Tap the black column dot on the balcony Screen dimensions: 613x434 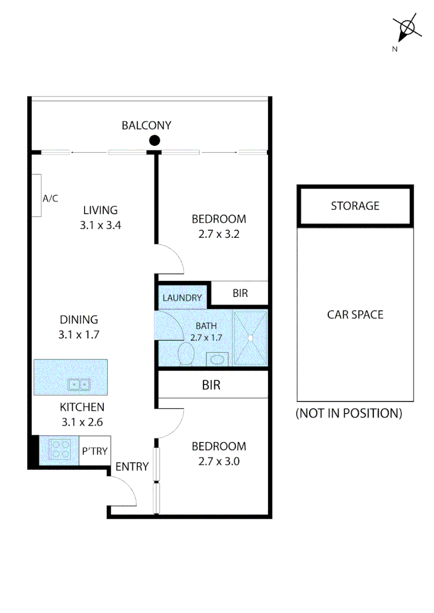[x=154, y=141]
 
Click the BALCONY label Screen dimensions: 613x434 [x=146, y=125]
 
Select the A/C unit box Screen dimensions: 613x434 [x=37, y=196]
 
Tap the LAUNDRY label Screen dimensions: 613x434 [x=182, y=298]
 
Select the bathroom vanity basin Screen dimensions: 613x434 [x=216, y=359]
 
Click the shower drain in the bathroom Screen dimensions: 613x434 [x=249, y=338]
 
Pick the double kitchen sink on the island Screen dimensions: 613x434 [x=79, y=385]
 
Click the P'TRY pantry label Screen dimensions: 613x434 [x=94, y=451]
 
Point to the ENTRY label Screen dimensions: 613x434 [x=132, y=467]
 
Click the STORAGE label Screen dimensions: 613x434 [x=355, y=205]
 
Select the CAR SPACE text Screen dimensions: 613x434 [x=355, y=314]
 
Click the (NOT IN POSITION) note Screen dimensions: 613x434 [x=349, y=413]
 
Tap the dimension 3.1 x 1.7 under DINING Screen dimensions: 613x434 [x=79, y=335]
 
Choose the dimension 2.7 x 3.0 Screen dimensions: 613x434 [x=219, y=461]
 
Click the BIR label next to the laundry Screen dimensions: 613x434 [x=240, y=293]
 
